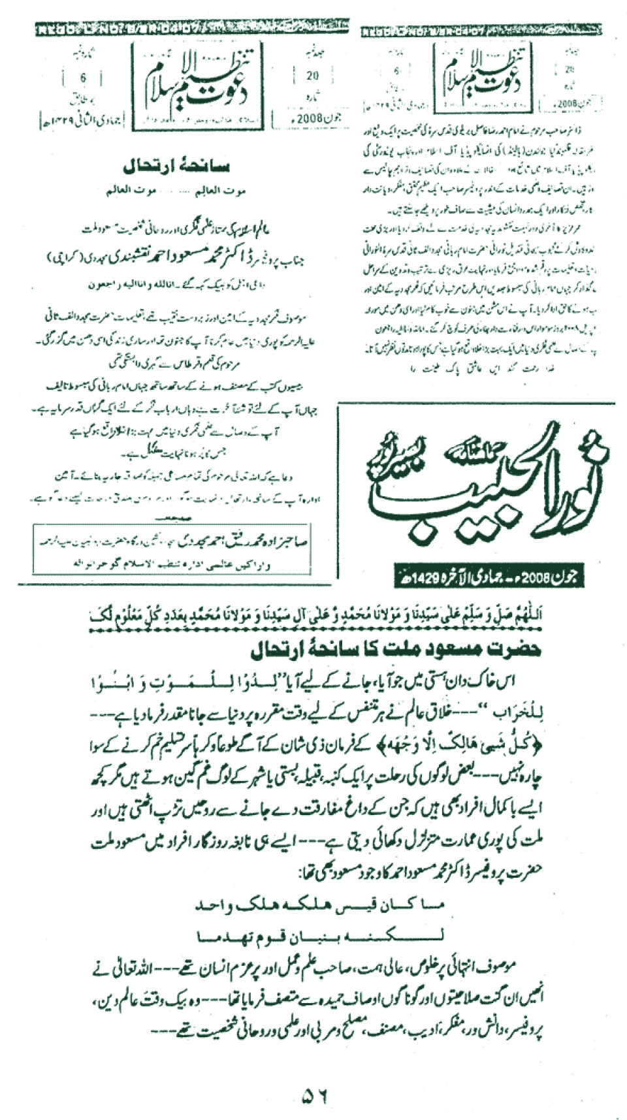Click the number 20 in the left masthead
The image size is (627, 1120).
click(312, 76)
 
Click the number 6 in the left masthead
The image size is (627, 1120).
click(84, 78)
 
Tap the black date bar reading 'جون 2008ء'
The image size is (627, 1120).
click(489, 577)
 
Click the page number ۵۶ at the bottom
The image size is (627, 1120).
click(315, 1095)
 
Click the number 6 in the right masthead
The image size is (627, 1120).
click(396, 71)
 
